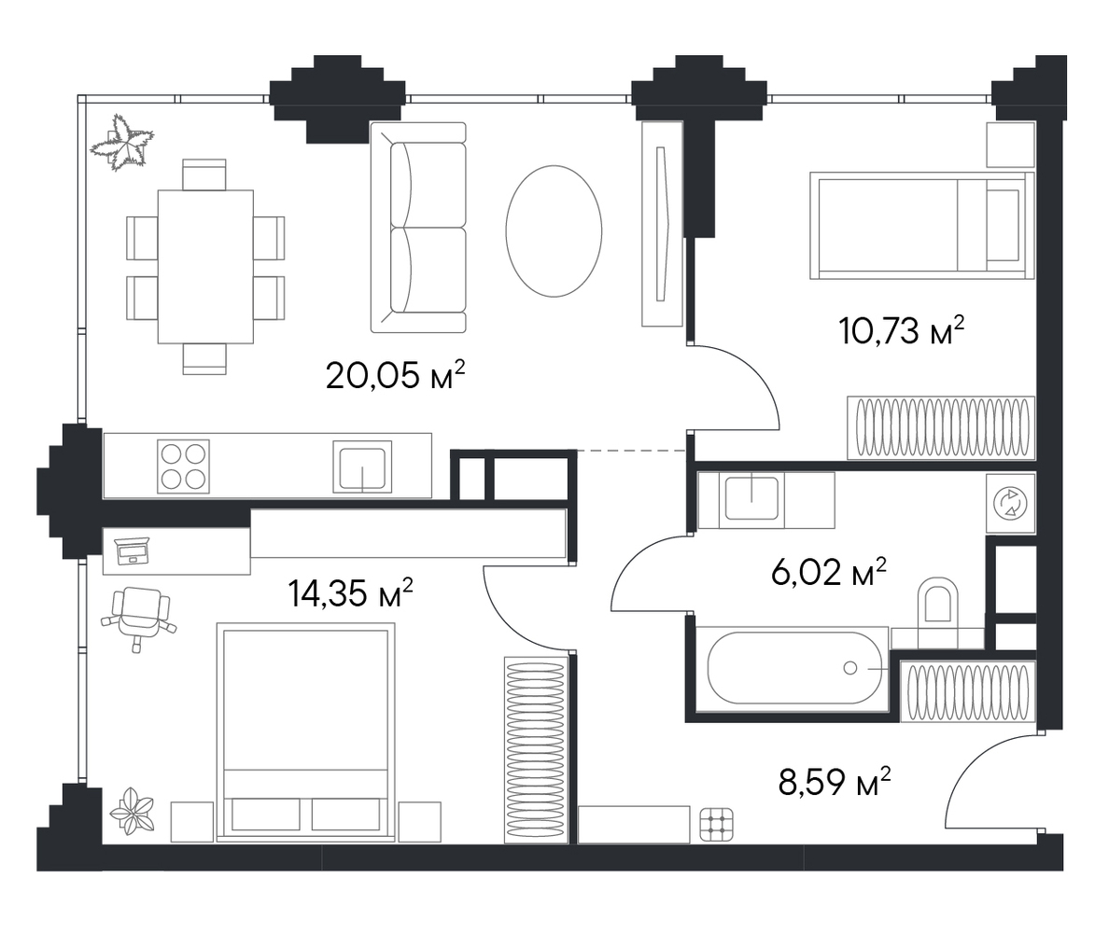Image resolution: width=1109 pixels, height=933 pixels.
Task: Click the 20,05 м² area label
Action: pos(396,375)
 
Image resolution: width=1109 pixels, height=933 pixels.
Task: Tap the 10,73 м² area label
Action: pos(902,330)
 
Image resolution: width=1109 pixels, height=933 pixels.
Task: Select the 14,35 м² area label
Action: pos(350,592)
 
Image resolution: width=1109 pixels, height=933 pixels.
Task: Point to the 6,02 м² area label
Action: pos(829,572)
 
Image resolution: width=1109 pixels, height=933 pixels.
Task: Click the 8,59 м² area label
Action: pos(834,782)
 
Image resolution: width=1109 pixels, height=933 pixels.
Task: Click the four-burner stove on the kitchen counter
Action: pos(183,466)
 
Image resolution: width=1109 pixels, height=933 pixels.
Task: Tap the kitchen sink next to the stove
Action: pos(362,466)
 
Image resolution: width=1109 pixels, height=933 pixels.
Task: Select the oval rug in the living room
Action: pos(554,231)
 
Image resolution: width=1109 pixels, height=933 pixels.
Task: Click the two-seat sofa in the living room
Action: pos(418,227)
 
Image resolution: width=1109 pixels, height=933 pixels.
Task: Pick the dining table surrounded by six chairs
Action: pos(205,267)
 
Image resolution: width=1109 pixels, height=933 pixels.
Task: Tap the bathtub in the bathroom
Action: pos(793,668)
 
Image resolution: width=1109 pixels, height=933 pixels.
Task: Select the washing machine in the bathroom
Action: pos(1011,503)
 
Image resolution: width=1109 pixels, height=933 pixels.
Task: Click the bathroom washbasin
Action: pos(751,499)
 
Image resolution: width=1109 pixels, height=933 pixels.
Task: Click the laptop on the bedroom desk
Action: pos(132,550)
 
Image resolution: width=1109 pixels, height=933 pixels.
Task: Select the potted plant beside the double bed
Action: pos(133,811)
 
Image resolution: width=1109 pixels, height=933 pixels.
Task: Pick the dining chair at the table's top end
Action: pos(204,174)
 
